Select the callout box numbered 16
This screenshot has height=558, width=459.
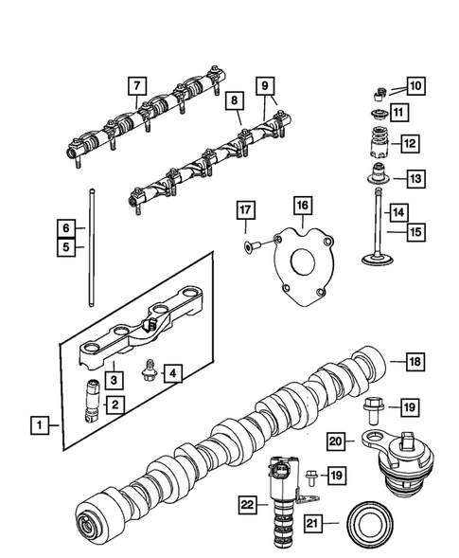(301, 205)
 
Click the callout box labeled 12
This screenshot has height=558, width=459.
(409, 144)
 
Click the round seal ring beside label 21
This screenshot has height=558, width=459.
(371, 522)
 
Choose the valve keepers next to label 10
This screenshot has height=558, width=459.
(377, 92)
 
